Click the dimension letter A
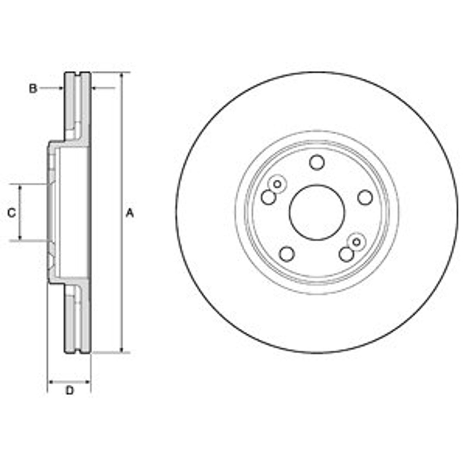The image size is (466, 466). point(130,213)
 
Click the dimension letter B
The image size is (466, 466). point(33,88)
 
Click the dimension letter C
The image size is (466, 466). point(12,213)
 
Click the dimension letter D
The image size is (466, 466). point(69,390)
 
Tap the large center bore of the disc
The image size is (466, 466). point(317,212)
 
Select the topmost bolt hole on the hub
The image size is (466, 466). point(317,162)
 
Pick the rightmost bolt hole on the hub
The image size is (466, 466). point(365,197)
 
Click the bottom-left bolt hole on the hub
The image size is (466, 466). point(287,254)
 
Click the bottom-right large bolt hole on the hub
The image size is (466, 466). point(346,254)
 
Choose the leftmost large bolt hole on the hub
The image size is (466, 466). point(268,197)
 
